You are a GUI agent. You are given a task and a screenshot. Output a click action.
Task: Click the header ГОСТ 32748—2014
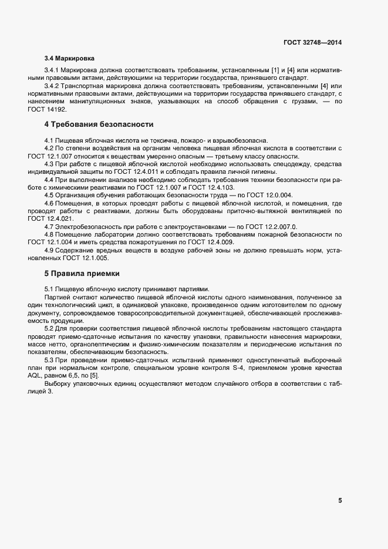point(313,42)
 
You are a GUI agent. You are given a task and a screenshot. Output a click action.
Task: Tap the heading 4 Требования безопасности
point(99,125)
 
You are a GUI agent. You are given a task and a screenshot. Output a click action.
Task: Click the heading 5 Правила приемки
point(82,274)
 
